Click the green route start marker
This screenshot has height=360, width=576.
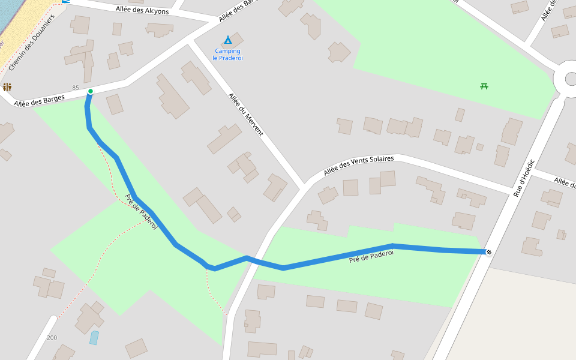90,91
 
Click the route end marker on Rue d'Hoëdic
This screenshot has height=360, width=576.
488,252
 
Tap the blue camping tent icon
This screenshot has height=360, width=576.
227,40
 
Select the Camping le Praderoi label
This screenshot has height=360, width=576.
227,54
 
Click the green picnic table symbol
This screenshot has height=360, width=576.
484,86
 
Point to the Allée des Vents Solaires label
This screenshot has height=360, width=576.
358,165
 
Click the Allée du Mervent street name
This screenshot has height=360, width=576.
245,114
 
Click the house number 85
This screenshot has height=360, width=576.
76,88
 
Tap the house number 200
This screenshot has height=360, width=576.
52,338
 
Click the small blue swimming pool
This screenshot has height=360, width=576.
94,338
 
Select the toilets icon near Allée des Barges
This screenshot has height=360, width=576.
7,87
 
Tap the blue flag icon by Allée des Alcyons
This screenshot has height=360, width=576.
65,2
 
